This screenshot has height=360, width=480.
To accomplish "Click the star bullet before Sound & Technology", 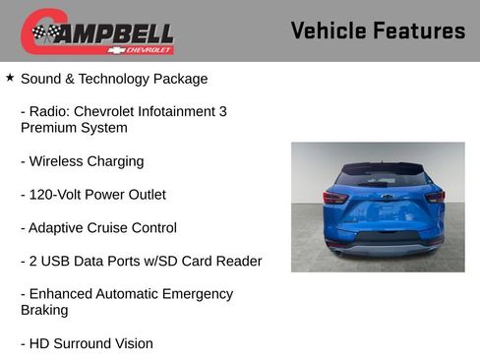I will (10, 77).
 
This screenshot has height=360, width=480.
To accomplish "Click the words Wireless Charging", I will (87, 161).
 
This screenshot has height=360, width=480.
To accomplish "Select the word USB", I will (60, 262).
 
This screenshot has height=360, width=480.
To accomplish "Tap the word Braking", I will (45, 311).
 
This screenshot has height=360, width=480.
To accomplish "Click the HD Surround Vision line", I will (87, 344).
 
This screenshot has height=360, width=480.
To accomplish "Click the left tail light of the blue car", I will (335, 198).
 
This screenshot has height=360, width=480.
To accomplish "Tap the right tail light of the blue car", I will (433, 197).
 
